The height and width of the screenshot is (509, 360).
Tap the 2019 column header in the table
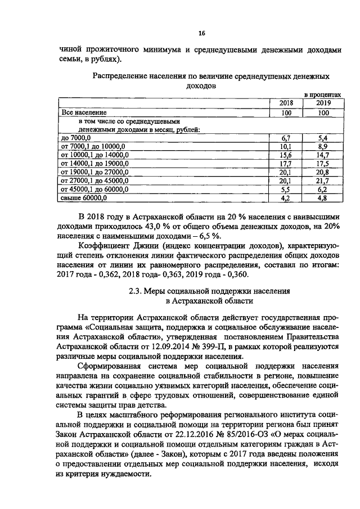tap(322, 103)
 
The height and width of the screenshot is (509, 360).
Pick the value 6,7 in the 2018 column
tap(285, 137)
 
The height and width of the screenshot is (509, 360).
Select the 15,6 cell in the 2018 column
tap(285, 155)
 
